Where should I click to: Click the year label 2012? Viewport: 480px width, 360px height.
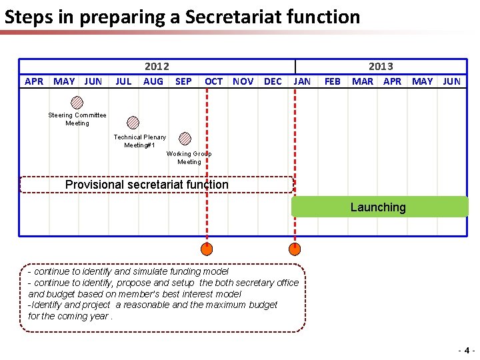click(157, 67)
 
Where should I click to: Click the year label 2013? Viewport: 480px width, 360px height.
click(381, 67)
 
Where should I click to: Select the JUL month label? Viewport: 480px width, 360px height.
click(123, 81)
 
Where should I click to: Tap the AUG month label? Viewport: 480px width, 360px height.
click(153, 81)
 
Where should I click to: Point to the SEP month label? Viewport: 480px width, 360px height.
click(183, 81)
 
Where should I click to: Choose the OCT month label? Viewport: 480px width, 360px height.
click(214, 81)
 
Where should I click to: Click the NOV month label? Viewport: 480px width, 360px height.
click(243, 81)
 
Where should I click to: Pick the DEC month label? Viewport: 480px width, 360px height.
click(273, 81)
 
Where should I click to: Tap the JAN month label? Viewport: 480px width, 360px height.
click(302, 81)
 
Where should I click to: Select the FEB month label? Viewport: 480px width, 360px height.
click(332, 81)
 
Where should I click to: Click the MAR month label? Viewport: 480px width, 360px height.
click(363, 81)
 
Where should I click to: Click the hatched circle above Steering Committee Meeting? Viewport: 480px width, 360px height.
click(77, 103)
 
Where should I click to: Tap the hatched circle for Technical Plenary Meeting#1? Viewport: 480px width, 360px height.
click(133, 123)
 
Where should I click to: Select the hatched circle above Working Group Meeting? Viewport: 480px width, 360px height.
click(185, 139)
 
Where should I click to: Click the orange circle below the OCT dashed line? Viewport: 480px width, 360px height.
click(207, 250)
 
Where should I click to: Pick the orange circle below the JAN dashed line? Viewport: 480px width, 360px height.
click(294, 250)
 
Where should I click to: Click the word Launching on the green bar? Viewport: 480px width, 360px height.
click(378, 207)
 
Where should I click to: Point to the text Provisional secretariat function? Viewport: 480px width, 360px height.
click(147, 185)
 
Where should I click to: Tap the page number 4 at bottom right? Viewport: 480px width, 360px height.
click(467, 350)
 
